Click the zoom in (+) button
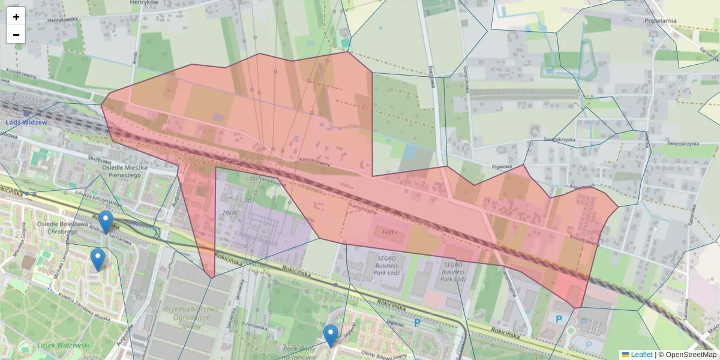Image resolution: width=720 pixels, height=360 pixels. (x=16, y=17)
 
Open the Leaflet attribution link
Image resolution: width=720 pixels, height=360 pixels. (x=641, y=355)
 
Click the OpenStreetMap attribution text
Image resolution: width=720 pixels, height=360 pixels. (x=691, y=355)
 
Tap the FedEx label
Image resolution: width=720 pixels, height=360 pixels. (x=386, y=231)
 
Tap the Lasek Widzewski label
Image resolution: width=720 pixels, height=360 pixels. (x=63, y=345)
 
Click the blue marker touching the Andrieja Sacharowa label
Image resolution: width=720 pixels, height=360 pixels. (x=106, y=222)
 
